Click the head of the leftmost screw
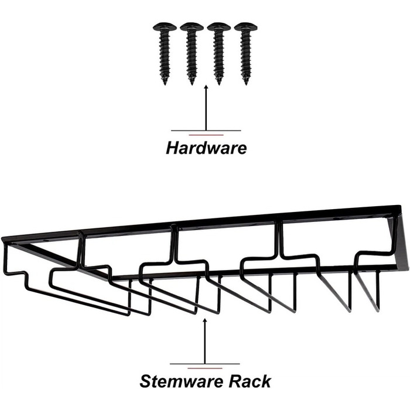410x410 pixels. (x=165, y=27)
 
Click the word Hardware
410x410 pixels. (x=206, y=148)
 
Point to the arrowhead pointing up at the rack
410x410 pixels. (x=204, y=320)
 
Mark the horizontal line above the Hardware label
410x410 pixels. (x=206, y=130)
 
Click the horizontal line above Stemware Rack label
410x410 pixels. (x=204, y=364)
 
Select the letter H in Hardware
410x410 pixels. (x=172, y=148)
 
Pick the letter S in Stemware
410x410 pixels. (x=145, y=382)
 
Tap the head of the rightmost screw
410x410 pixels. (x=245, y=27)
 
